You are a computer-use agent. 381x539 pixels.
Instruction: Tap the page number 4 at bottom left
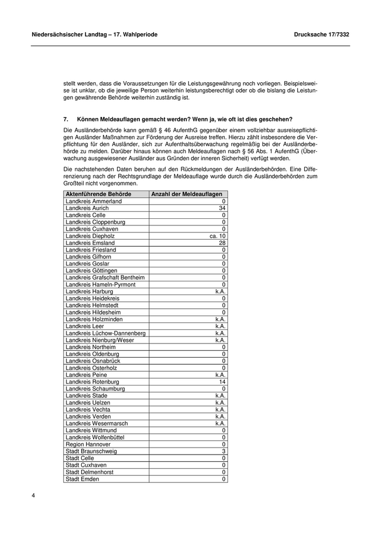pyautogui.click(x=33, y=495)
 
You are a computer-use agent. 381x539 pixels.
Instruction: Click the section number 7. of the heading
pyautogui.click(x=66, y=119)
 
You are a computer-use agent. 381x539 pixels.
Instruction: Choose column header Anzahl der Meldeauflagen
pyautogui.click(x=186, y=194)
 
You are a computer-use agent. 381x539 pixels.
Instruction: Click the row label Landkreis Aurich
pyautogui.click(x=87, y=209)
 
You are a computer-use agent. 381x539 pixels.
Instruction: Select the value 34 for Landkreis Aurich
pyautogui.click(x=222, y=209)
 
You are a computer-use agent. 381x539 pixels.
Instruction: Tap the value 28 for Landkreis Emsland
pyautogui.click(x=222, y=243)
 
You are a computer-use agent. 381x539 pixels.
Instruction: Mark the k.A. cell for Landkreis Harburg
pyautogui.click(x=220, y=292)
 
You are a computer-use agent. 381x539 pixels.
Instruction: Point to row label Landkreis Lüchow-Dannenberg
pyautogui.click(x=106, y=333)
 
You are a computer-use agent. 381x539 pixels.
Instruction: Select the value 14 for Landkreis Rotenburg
pyautogui.click(x=222, y=382)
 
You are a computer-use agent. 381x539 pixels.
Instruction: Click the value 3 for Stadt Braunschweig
pyautogui.click(x=224, y=451)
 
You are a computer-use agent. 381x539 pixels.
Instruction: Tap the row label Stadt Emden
pyautogui.click(x=82, y=479)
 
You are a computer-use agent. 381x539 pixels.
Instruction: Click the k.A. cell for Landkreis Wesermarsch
pyautogui.click(x=220, y=424)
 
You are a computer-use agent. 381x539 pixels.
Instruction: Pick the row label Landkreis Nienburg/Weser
pyautogui.click(x=100, y=340)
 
